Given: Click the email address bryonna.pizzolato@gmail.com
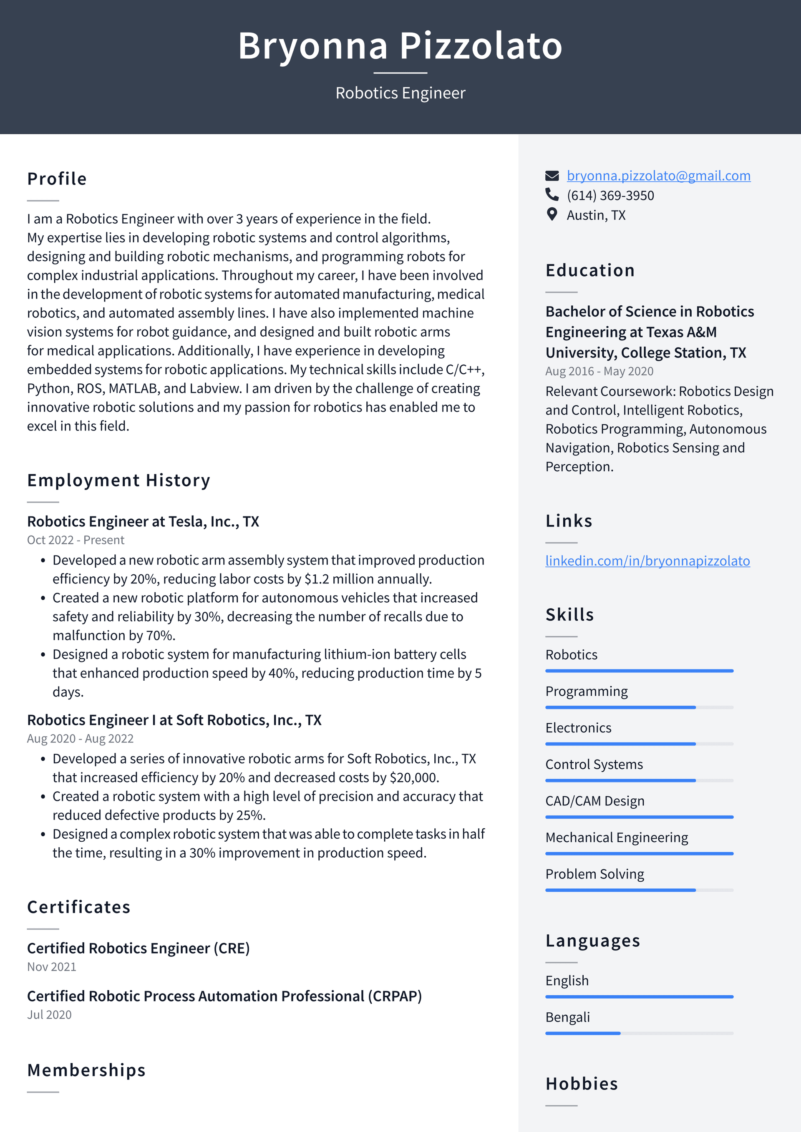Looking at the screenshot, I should coord(658,176).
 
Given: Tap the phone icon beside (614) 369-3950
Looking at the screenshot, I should coord(552,194).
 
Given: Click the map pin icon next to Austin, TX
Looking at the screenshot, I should coord(552,214).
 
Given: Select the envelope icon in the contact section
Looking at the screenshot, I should coord(552,176).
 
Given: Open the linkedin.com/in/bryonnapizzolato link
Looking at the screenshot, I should coord(647,561).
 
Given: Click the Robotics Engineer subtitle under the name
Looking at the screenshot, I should coord(400,93).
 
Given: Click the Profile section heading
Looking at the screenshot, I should coord(57,179).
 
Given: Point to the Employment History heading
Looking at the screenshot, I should coord(118,480).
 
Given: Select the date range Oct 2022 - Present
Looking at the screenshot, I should coord(76,540).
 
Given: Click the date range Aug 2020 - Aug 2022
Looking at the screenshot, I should coord(80,739).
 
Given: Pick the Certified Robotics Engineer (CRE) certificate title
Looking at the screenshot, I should coord(138,948).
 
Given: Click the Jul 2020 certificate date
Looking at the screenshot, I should coord(49,1015).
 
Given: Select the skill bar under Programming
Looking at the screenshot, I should coord(639,707).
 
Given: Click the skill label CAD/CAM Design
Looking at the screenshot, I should coord(594,801).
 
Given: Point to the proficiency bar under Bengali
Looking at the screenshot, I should coord(639,1033).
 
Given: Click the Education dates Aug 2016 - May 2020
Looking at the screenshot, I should coord(599,371).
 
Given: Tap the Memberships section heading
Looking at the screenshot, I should coord(86,1070).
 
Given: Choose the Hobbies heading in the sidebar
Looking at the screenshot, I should coord(581,1084).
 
